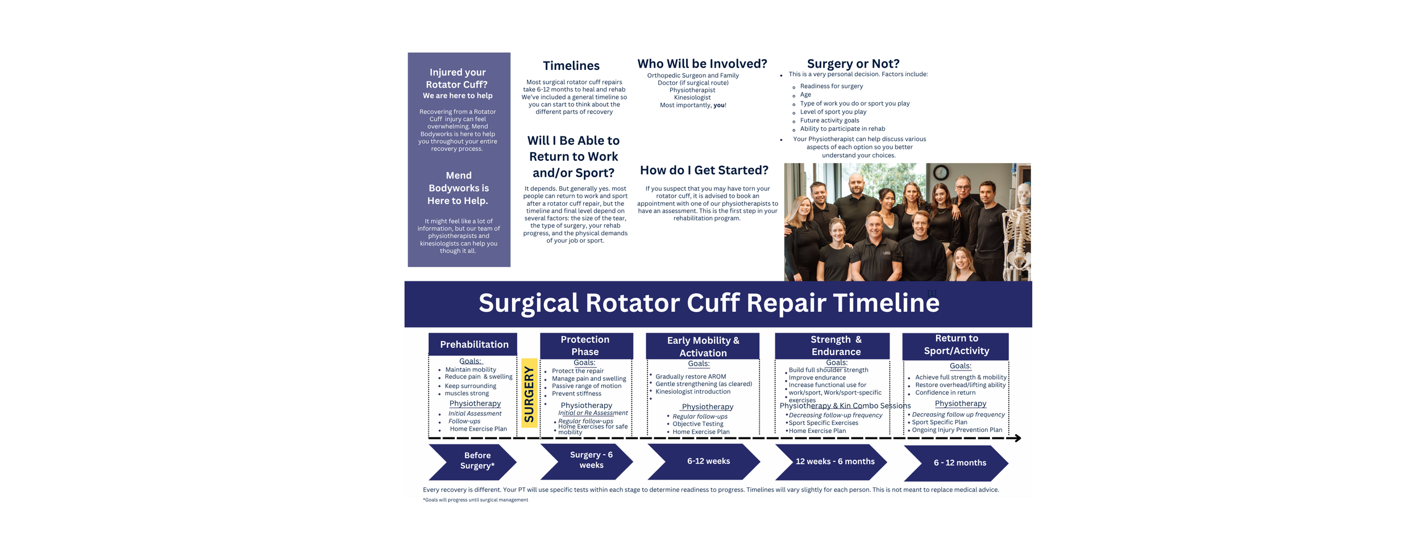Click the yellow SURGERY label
tap(529, 393)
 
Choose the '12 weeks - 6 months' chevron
tap(832, 461)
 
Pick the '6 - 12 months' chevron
tap(957, 463)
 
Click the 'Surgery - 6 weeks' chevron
tap(588, 460)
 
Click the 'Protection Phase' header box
tap(585, 345)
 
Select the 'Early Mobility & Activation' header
tap(703, 346)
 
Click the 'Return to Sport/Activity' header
tap(956, 345)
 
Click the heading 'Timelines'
tap(571, 66)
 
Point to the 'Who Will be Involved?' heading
tap(702, 64)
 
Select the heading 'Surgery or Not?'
tap(853, 64)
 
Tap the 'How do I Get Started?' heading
tap(704, 170)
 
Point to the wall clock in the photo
tap(941, 172)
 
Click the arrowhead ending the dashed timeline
tap(1017, 438)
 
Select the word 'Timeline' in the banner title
tap(886, 303)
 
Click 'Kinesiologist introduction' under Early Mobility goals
tap(692, 391)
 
